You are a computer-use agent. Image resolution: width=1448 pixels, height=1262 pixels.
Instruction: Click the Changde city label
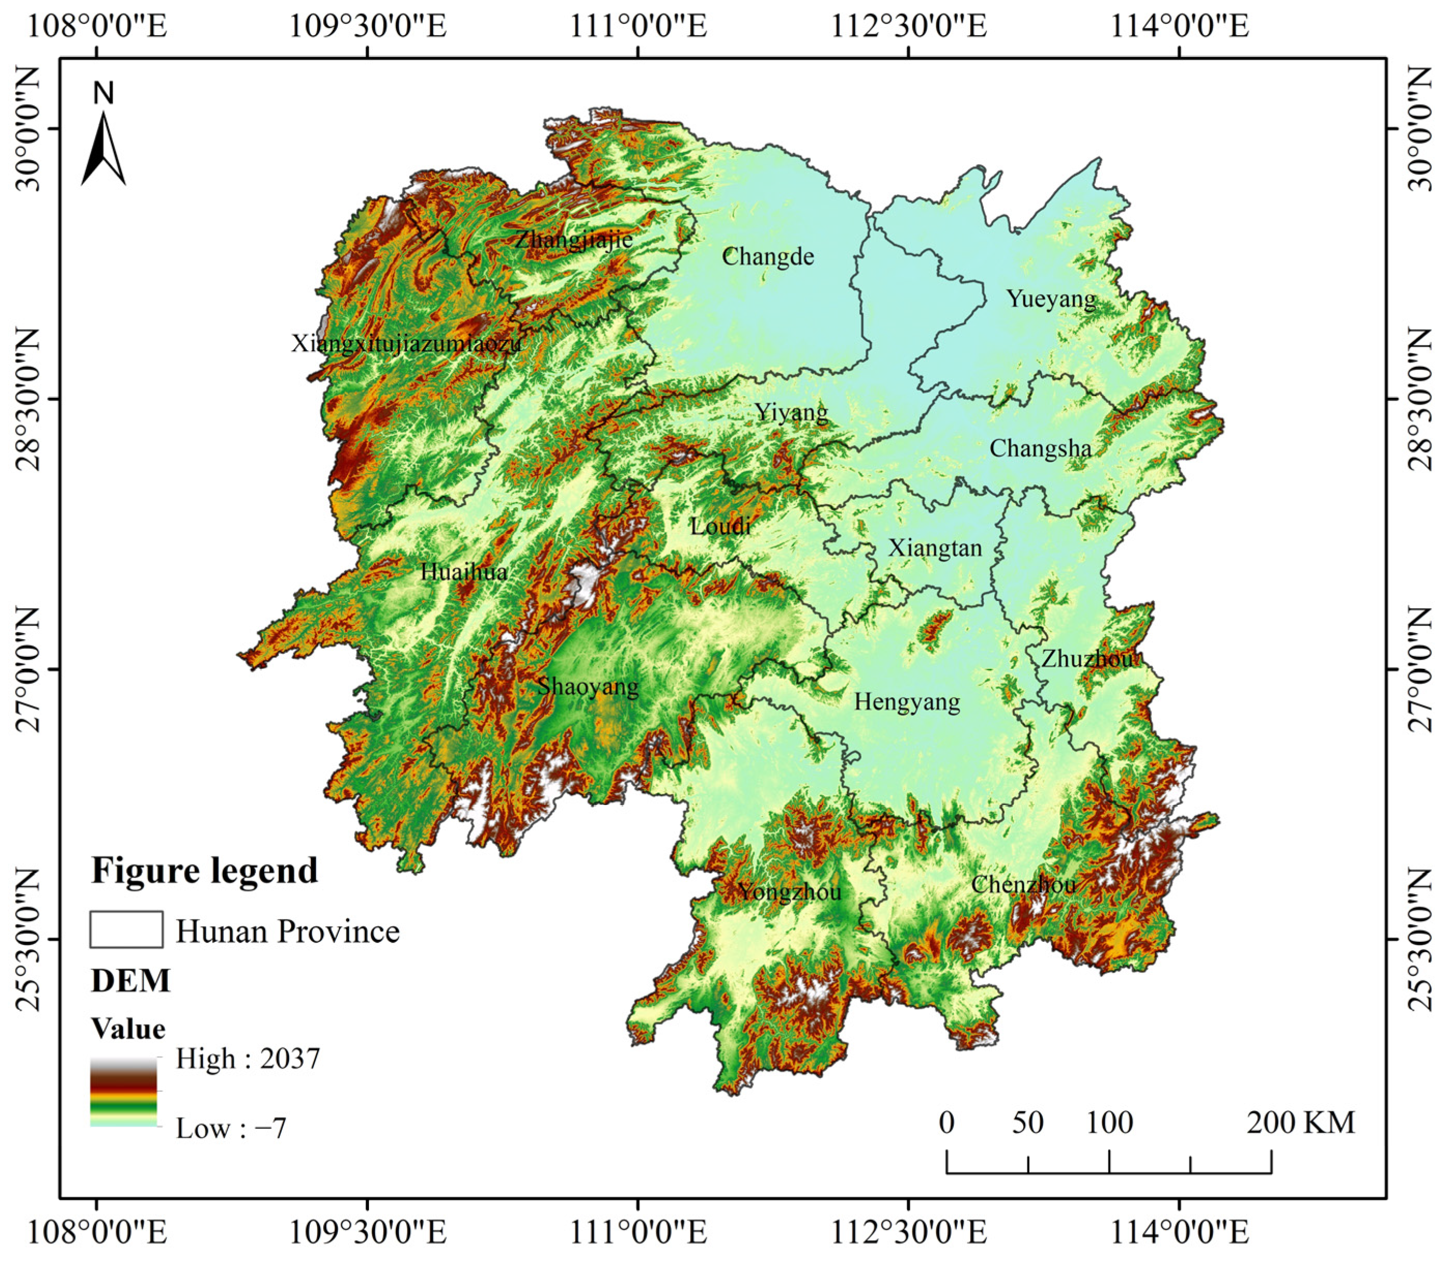coord(768,257)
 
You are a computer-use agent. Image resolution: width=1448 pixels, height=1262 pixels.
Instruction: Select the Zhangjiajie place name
coord(574,239)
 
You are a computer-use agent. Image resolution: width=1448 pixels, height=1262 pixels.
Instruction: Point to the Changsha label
coord(1040,449)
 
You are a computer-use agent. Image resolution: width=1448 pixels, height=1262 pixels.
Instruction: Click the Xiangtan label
coord(935,548)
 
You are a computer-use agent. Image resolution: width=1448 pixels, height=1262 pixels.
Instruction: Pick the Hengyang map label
coord(907,702)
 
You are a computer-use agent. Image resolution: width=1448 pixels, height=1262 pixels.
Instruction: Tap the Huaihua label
coord(464,571)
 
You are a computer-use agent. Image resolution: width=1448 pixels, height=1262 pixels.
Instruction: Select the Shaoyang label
coord(588,686)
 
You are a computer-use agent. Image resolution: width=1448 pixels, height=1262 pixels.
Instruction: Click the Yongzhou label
coord(790,892)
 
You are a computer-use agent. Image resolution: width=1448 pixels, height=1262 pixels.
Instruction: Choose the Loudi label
coord(720,526)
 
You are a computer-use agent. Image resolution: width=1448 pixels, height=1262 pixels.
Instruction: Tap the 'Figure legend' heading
coord(204,870)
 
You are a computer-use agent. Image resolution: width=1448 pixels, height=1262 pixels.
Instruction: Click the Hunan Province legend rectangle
coord(126,929)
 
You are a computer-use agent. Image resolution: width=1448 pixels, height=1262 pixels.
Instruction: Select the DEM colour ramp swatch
coord(123,1091)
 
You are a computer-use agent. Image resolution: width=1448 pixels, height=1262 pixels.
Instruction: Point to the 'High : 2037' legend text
coord(248,1059)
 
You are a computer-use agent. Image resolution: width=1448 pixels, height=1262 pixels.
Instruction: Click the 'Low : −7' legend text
coord(231,1128)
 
